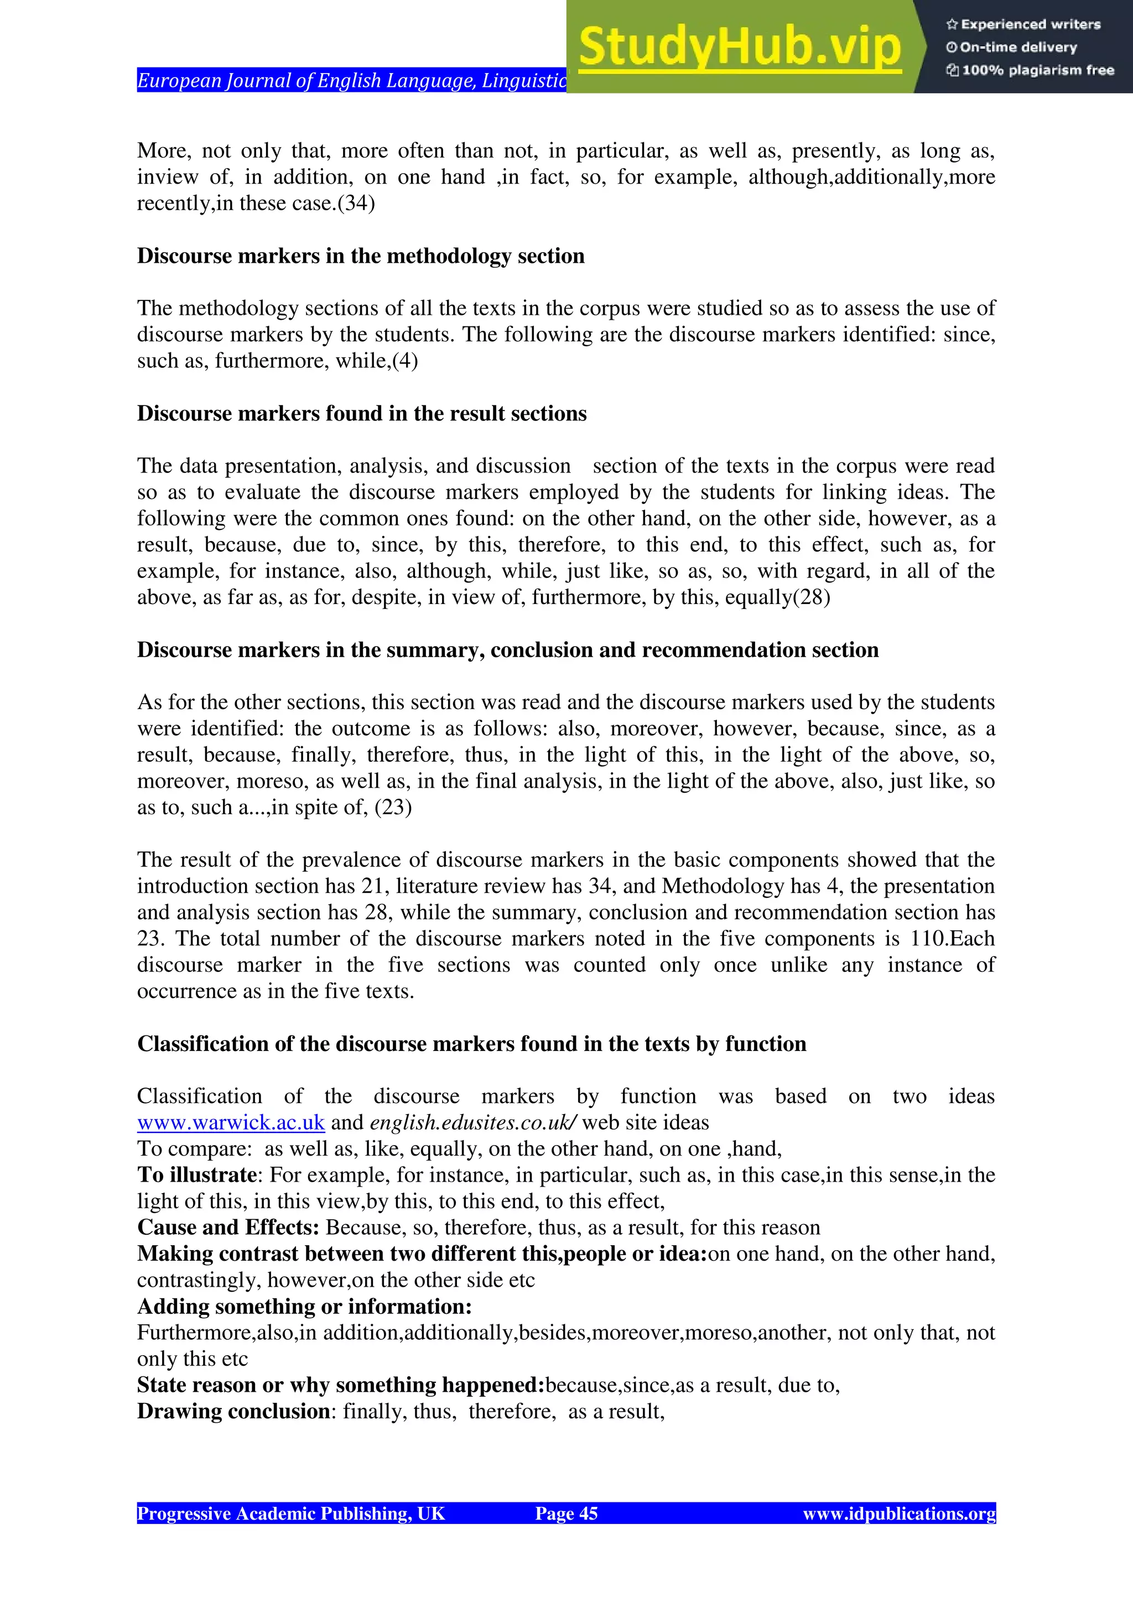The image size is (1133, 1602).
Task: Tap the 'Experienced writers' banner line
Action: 1023,24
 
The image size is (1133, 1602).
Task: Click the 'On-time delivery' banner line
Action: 1012,48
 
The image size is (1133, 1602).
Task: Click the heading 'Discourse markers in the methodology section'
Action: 360,256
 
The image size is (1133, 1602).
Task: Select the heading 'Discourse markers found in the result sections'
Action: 361,414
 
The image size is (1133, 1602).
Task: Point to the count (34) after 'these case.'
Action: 356,204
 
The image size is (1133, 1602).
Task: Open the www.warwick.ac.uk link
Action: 231,1122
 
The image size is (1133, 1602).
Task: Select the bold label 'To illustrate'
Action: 198,1175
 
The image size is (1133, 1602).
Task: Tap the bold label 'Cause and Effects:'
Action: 228,1227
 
